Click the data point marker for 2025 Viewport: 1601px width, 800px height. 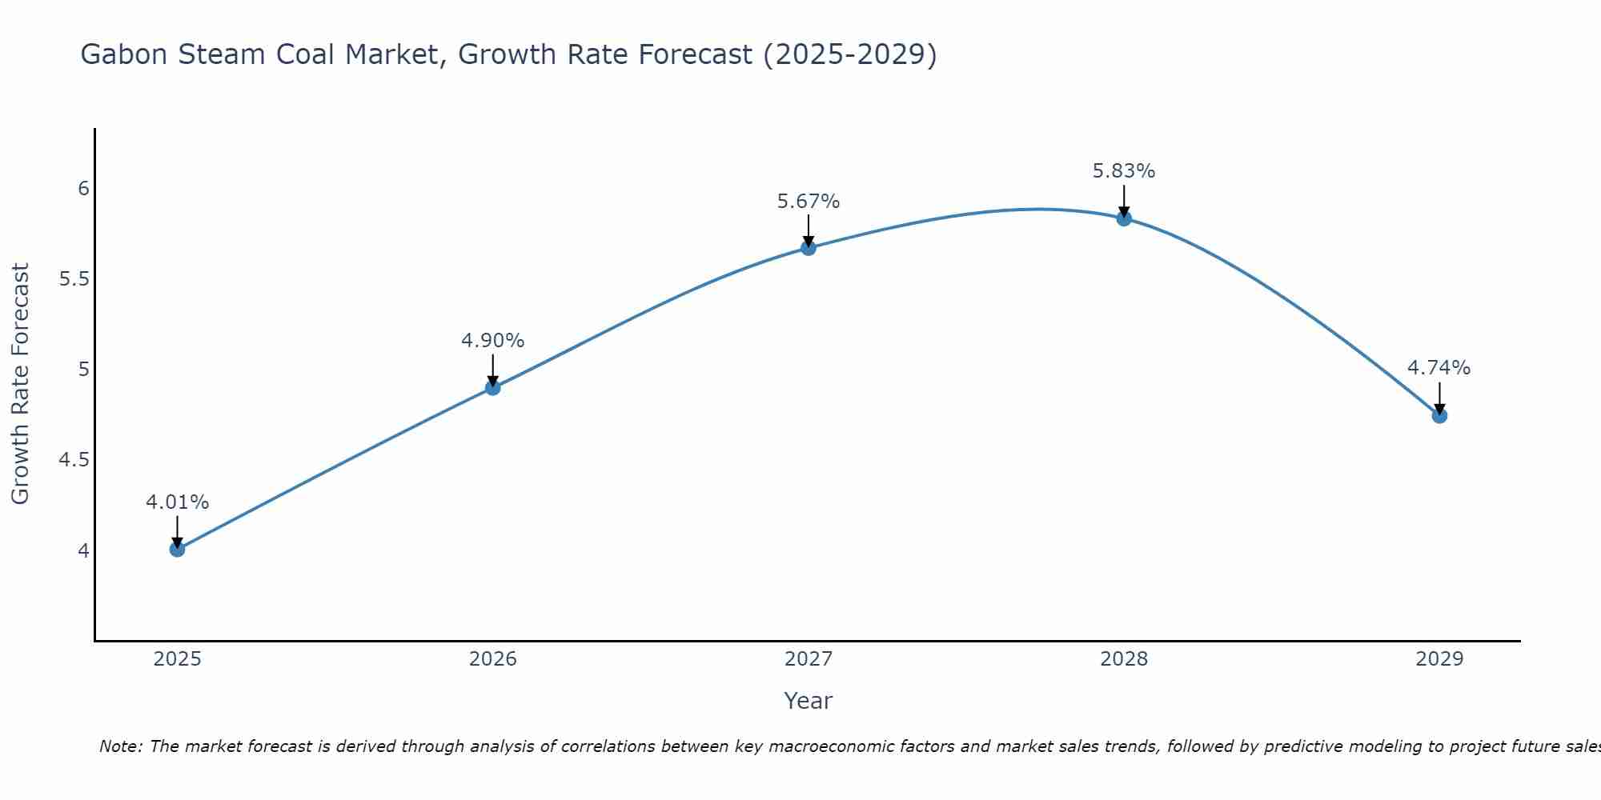(x=177, y=549)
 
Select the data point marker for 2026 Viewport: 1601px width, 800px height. (x=493, y=388)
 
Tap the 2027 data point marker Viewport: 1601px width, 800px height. (x=809, y=248)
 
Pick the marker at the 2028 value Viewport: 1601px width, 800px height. (x=1124, y=218)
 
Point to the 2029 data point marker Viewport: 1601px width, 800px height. (x=1439, y=415)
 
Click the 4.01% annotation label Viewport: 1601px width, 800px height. (x=177, y=502)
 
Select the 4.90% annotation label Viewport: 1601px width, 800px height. (x=493, y=341)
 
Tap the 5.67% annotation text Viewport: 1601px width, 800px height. (x=809, y=202)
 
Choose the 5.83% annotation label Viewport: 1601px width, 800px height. (x=1124, y=171)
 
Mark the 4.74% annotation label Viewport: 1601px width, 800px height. (x=1439, y=368)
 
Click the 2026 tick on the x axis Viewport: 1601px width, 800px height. (x=493, y=659)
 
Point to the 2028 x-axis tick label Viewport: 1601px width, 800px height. (x=1124, y=659)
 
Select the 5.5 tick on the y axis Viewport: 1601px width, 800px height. (x=74, y=279)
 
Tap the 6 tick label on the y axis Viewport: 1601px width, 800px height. (x=83, y=189)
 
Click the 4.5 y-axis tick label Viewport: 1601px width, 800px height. (x=74, y=460)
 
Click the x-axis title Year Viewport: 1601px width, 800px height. (x=809, y=701)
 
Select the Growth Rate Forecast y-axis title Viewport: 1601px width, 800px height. (x=20, y=384)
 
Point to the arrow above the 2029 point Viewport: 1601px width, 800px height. (x=1439, y=398)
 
